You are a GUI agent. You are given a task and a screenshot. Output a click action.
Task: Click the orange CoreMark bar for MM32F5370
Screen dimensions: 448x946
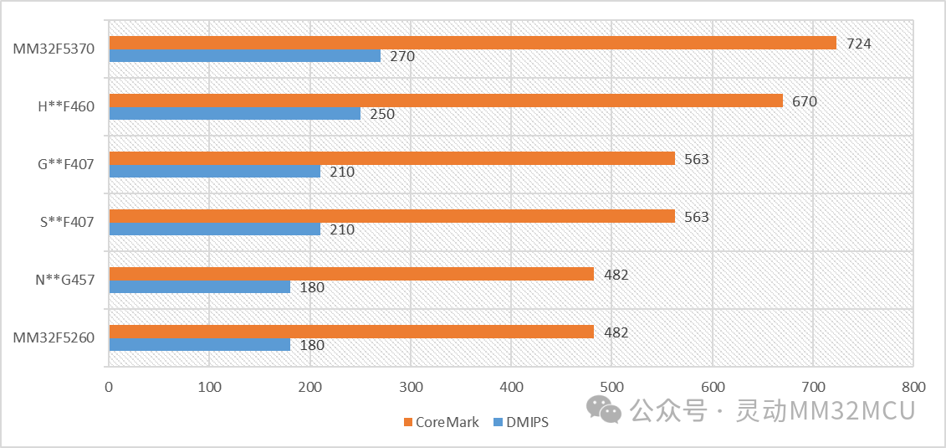pos(473,43)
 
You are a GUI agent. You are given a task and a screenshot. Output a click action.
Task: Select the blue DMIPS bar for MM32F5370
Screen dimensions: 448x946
pos(244,56)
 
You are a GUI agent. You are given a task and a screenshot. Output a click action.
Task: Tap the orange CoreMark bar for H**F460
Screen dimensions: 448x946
pos(446,100)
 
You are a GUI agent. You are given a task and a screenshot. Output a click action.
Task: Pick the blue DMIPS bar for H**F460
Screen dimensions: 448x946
pos(234,114)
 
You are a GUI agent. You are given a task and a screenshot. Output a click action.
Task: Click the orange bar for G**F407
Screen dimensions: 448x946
pos(391,158)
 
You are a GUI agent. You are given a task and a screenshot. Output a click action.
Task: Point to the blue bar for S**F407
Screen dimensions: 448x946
pos(214,229)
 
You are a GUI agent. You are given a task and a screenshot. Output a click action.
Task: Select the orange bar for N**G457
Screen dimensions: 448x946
pos(351,274)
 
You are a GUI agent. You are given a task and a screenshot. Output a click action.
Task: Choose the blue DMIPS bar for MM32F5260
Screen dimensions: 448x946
pos(199,344)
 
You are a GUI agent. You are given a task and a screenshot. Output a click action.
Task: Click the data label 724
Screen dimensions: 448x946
pos(859,44)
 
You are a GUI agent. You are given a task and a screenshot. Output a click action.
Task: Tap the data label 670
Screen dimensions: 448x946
pos(805,101)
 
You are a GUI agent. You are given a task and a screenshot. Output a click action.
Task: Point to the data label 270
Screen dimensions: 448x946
pos(402,57)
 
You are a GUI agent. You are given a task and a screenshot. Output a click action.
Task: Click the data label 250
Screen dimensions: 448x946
pos(382,115)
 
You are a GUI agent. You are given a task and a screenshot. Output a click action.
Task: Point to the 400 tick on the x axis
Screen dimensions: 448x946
pos(511,388)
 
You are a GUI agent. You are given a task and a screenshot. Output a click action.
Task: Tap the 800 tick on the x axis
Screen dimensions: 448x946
pos(913,388)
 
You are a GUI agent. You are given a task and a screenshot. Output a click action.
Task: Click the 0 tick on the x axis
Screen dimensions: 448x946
pos(109,388)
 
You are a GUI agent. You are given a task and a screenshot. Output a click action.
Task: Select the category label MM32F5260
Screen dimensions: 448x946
pos(54,338)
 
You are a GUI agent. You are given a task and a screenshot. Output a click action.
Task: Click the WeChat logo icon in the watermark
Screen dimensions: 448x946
pos(604,409)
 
